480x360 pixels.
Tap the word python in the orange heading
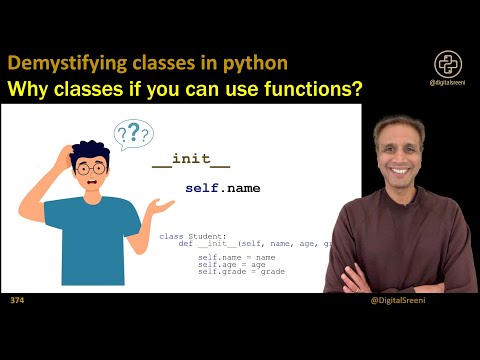point(258,62)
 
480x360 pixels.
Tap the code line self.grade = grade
point(240,271)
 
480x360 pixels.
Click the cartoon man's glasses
point(90,169)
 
